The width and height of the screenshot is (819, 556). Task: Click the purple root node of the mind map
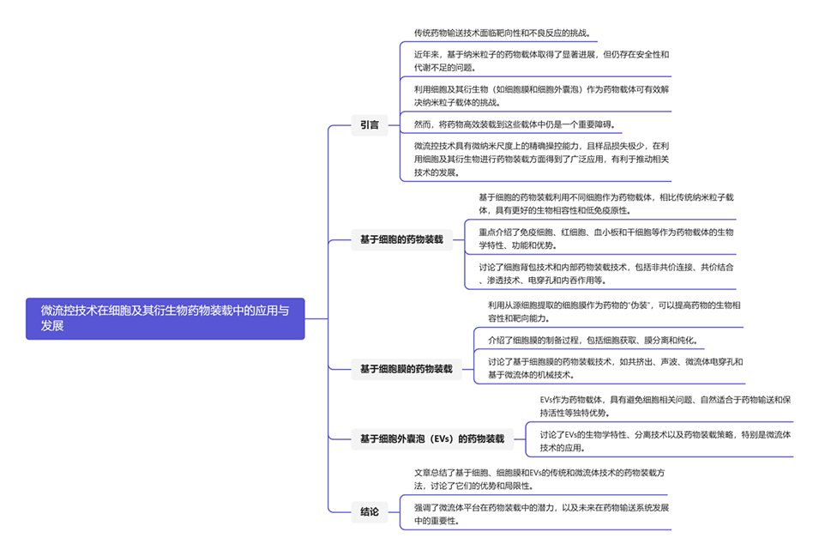coord(166,318)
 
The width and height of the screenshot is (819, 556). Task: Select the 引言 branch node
coord(370,125)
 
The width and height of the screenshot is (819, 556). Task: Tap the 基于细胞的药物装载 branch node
coord(402,240)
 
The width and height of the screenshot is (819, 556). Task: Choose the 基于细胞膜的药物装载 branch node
coord(406,369)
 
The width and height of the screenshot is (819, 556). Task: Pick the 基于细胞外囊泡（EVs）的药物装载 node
coord(431,439)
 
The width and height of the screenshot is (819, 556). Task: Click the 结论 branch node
coord(370,512)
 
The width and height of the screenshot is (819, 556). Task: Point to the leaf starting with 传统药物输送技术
coord(502,33)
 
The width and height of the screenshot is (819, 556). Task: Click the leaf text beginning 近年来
coord(541,61)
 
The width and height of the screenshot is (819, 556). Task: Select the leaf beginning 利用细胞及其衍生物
coord(541,95)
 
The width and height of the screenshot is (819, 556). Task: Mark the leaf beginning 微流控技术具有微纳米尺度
coord(541,159)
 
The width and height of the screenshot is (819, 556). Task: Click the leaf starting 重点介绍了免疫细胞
coord(605,239)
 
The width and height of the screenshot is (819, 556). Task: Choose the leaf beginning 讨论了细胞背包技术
coord(605,273)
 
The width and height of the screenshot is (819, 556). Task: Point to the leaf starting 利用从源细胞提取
coord(614,311)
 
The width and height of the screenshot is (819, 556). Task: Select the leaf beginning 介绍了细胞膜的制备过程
coord(591,340)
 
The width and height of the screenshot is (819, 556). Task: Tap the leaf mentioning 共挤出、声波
coord(614,368)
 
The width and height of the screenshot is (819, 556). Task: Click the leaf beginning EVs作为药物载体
coord(665,406)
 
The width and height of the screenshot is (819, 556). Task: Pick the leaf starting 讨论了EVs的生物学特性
coord(665,440)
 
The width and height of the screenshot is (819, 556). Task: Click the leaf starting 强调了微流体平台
coord(541,514)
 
